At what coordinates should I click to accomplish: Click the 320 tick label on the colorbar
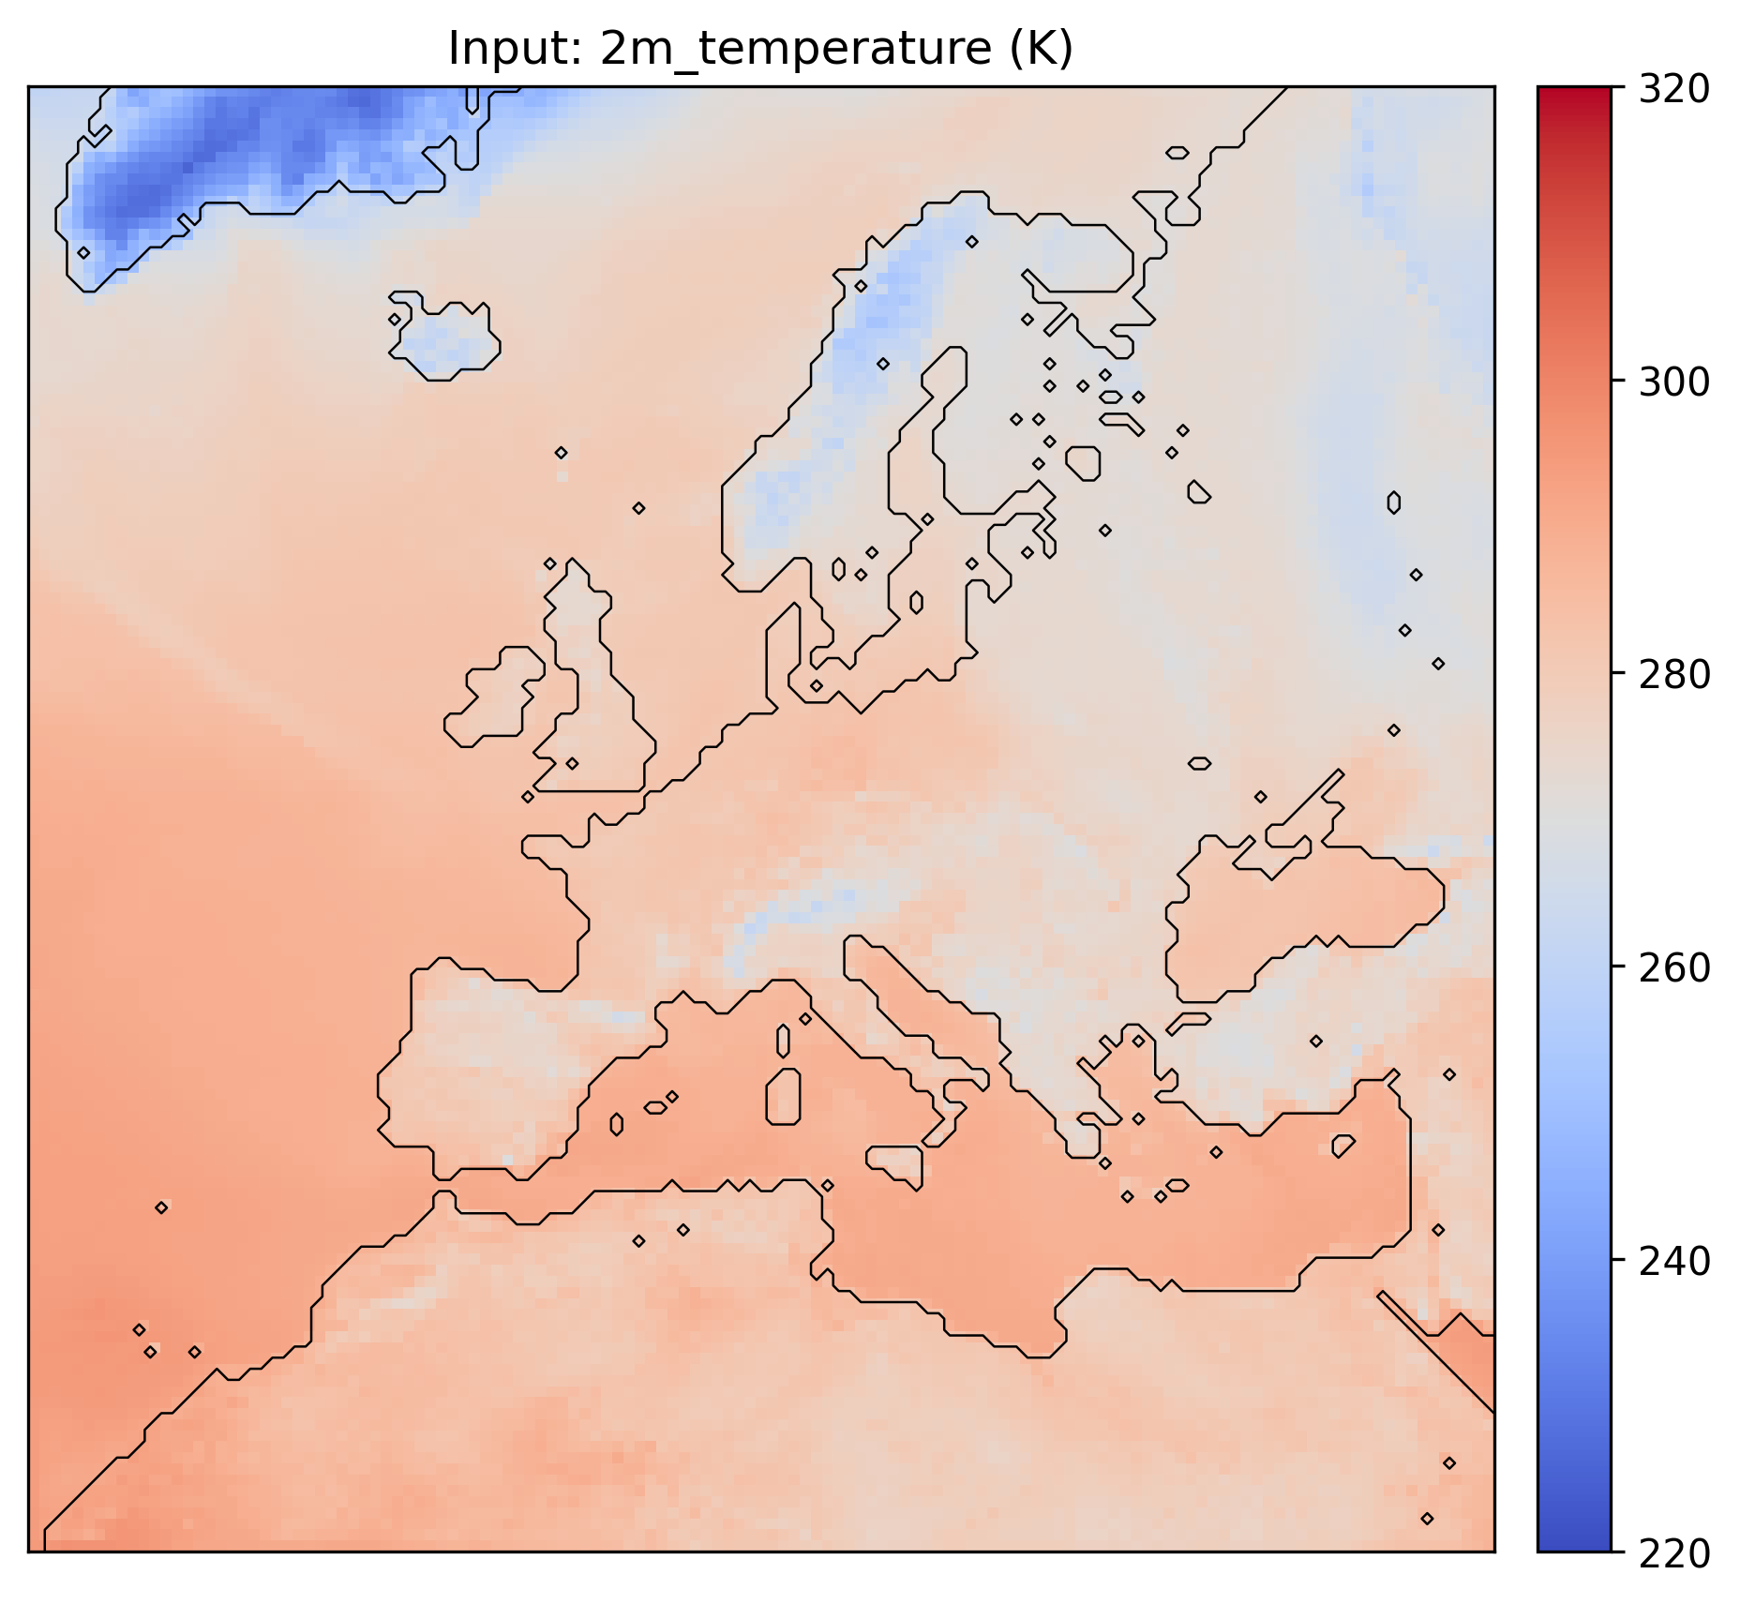click(x=1673, y=89)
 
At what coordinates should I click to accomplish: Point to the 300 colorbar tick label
click(x=1673, y=382)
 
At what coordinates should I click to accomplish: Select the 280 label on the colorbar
click(x=1673, y=674)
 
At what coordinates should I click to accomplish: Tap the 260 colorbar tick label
click(x=1673, y=967)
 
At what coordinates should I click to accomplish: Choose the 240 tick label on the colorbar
click(x=1673, y=1261)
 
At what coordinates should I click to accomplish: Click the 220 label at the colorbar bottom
click(x=1673, y=1553)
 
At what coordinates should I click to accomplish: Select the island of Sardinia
click(x=784, y=1097)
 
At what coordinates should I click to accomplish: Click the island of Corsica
click(x=784, y=1040)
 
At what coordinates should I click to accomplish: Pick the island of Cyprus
click(x=1342, y=1146)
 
